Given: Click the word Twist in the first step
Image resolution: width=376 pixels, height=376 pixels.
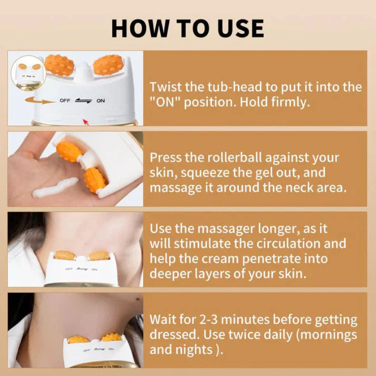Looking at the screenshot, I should pos(164,87).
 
